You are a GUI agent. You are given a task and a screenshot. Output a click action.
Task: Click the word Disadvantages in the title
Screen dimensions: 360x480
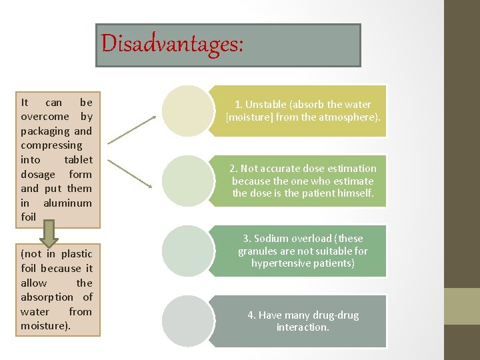pos(172,44)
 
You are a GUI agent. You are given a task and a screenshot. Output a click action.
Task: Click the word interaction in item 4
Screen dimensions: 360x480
pos(302,327)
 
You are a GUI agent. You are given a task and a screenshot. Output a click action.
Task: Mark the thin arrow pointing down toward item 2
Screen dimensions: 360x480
pos(132,173)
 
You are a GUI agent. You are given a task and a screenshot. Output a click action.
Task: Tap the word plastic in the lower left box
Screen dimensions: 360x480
pos(77,254)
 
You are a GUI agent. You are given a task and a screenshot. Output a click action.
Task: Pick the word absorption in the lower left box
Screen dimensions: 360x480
pos(47,297)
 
